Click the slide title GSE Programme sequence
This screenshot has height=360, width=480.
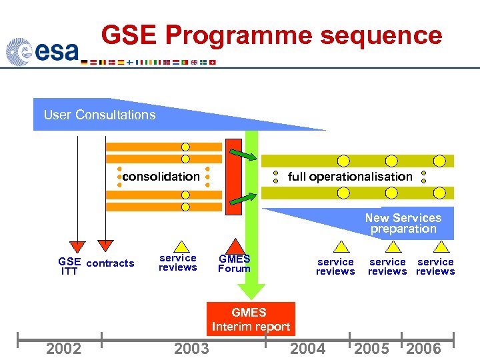tap(271, 35)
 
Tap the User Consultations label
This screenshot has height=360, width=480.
tap(99, 115)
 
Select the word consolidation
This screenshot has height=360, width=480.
tap(161, 177)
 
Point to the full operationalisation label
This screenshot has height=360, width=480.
tap(350, 177)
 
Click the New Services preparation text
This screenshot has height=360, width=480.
tap(403, 223)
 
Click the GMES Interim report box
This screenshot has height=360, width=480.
tap(251, 319)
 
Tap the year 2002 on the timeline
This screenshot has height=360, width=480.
tap(64, 349)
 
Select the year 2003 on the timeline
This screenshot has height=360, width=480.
tap(191, 349)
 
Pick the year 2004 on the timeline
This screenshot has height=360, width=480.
tap(308, 349)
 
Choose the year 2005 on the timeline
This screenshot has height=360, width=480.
tap(372, 349)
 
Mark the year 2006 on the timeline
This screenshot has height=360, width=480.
tap(423, 349)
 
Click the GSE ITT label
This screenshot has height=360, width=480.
tap(69, 267)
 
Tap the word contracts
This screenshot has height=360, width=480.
tap(111, 263)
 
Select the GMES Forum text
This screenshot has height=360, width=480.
tap(234, 264)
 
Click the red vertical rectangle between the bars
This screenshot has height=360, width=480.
tap(233, 177)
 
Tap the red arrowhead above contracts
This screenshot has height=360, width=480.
tap(105, 247)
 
